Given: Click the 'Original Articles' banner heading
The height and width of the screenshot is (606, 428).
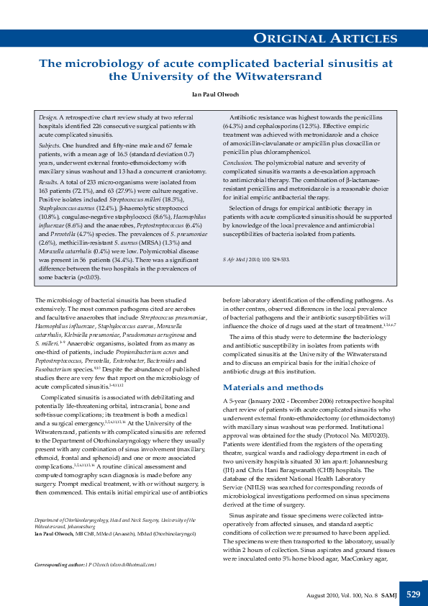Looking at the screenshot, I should pyautogui.click(x=336, y=38).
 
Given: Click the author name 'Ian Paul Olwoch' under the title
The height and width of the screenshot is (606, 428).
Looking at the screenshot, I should pyautogui.click(x=214, y=94).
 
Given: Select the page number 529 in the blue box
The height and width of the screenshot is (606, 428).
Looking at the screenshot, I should pyautogui.click(x=413, y=594).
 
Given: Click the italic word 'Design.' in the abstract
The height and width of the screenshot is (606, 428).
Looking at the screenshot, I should pyautogui.click(x=48, y=117).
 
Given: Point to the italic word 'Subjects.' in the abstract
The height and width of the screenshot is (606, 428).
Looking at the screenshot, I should pyautogui.click(x=50, y=145).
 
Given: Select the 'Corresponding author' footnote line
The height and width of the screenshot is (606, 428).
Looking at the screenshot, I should pyautogui.click(x=96, y=565).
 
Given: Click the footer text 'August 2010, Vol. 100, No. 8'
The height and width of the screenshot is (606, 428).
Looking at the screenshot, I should pyautogui.click(x=341, y=595).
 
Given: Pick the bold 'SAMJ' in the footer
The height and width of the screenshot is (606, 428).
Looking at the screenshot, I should pyautogui.click(x=386, y=595).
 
